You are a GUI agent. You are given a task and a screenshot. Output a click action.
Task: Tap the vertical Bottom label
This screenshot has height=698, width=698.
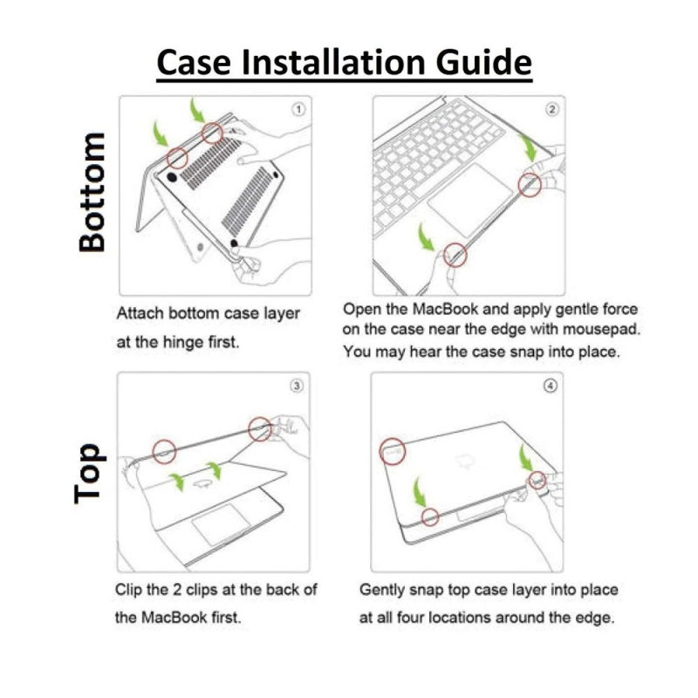tap(92, 192)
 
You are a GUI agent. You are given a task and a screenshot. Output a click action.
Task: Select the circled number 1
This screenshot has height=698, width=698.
tap(298, 110)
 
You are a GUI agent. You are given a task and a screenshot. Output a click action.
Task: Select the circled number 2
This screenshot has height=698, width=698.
tap(552, 110)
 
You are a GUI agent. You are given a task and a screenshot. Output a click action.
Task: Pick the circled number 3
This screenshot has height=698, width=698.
tap(297, 386)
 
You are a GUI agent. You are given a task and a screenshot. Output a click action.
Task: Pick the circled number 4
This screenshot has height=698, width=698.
tap(551, 386)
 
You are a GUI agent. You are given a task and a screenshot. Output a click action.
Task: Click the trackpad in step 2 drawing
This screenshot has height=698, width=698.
tap(471, 200)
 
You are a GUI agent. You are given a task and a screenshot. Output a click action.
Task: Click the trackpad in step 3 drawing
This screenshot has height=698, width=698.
tap(222, 524)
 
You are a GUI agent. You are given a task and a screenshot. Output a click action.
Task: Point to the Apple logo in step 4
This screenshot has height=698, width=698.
tap(465, 462)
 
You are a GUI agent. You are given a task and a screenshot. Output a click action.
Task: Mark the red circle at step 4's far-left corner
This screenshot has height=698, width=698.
tap(393, 451)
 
